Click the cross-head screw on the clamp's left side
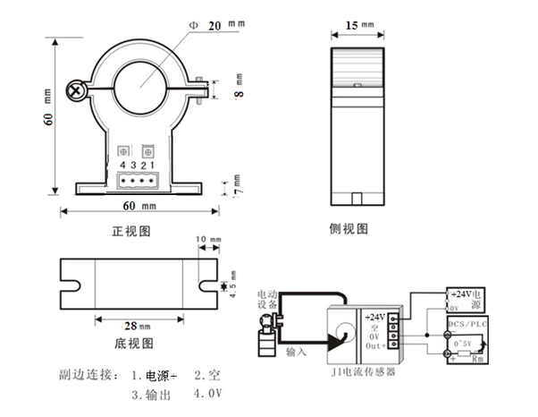[x=77, y=89]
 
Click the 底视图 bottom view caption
[x=135, y=342]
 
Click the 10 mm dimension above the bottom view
[x=206, y=241]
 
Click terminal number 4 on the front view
[x=122, y=165]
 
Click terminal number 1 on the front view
[x=153, y=165]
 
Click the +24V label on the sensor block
[x=375, y=316]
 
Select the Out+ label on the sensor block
[x=375, y=346]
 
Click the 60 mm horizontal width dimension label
[x=139, y=207]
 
